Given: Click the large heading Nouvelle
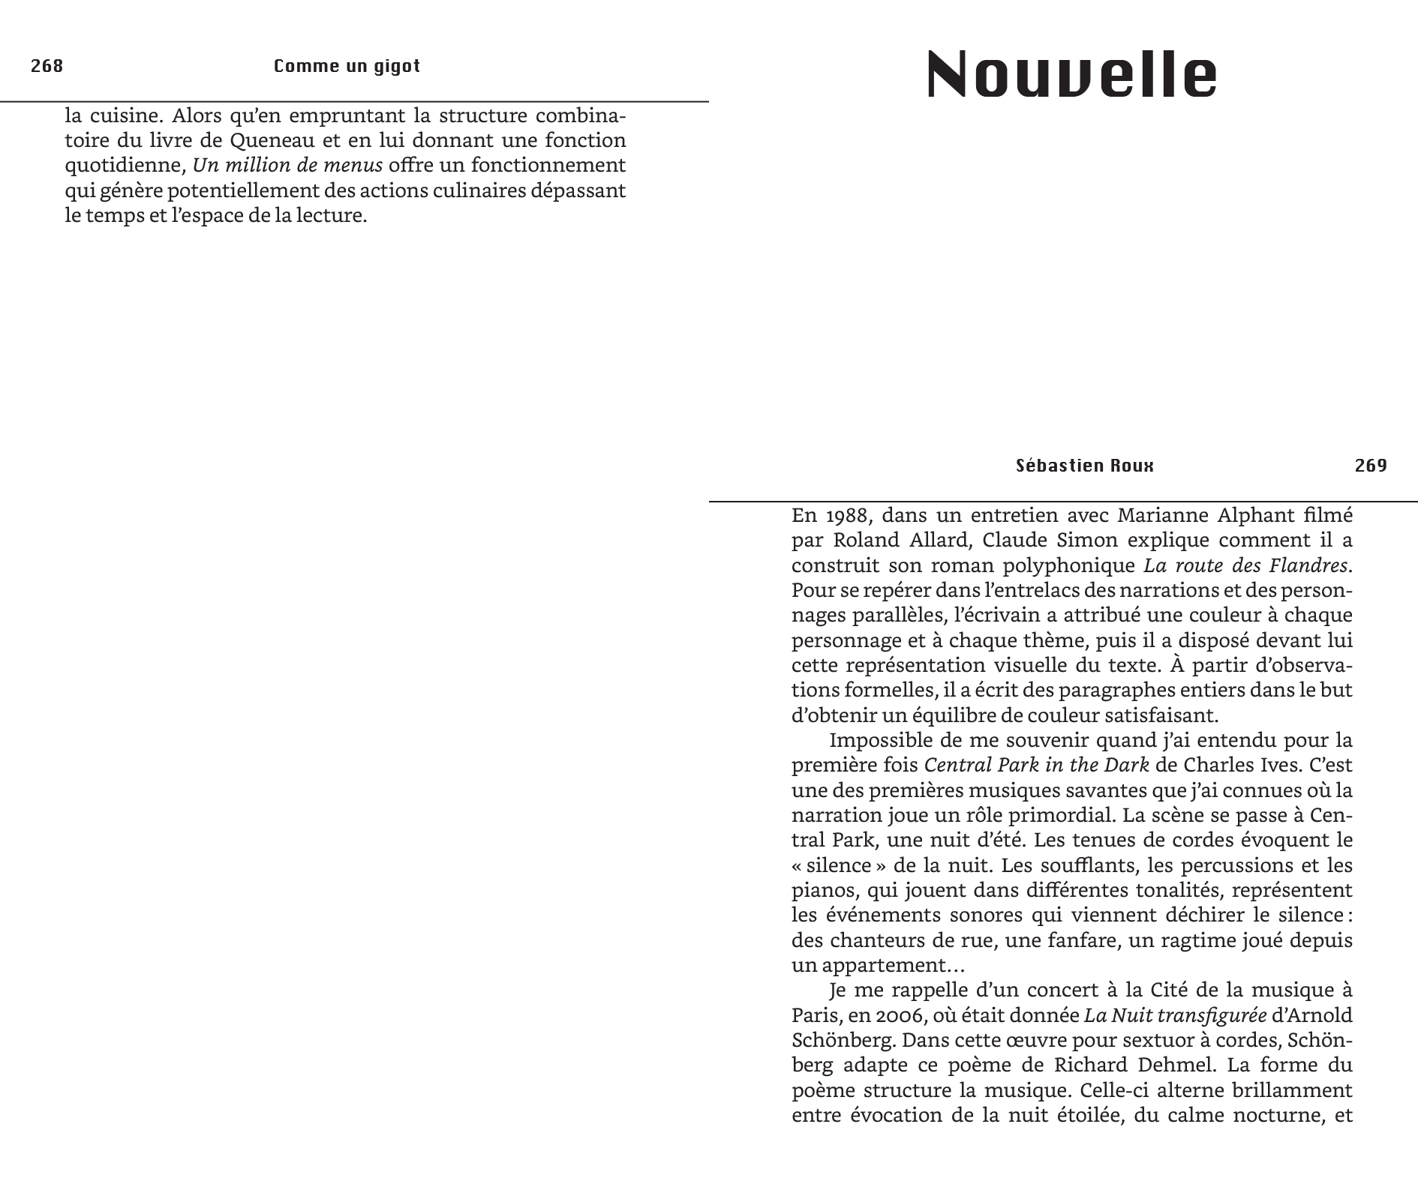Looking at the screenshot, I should pos(1071,73).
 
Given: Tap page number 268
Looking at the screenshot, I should pos(47,66).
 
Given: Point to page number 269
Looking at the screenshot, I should pos(1371,466).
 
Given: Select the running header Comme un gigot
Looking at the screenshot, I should pos(347,66).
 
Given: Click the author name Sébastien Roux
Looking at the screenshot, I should pos(1084,466).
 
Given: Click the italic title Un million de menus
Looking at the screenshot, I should pos(287,165).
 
